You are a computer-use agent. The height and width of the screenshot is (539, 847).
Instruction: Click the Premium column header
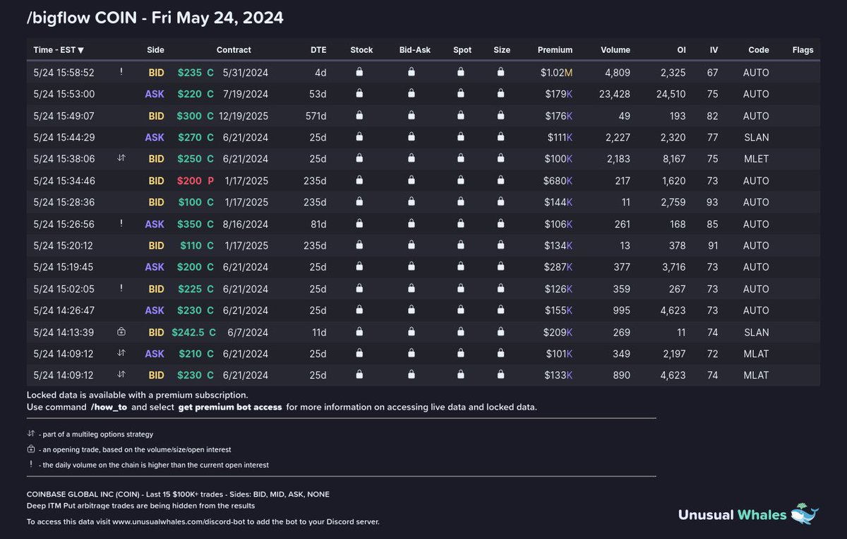pyautogui.click(x=555, y=50)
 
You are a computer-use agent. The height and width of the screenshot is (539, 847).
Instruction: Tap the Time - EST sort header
pyautogui.click(x=58, y=50)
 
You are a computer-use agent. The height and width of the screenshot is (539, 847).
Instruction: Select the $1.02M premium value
pyautogui.click(x=556, y=72)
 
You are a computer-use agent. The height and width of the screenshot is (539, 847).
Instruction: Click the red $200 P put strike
pyautogui.click(x=196, y=181)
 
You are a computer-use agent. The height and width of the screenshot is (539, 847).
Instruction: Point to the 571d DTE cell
pyautogui.click(x=316, y=116)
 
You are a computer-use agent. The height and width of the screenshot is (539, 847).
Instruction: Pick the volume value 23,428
pyautogui.click(x=615, y=94)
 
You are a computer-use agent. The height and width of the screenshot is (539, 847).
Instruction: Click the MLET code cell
pyautogui.click(x=756, y=159)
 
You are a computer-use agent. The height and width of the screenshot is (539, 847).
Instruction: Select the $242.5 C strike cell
pyautogui.click(x=193, y=332)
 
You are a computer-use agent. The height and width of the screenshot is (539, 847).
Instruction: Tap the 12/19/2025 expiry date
pyautogui.click(x=244, y=116)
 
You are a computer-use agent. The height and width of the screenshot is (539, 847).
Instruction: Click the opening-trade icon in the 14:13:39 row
pyautogui.click(x=121, y=331)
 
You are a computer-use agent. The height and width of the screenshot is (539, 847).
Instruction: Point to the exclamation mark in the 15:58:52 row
pyautogui.click(x=121, y=71)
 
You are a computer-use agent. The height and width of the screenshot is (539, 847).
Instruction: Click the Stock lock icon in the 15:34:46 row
pyautogui.click(x=359, y=180)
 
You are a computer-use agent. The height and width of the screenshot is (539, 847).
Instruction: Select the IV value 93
pyautogui.click(x=712, y=202)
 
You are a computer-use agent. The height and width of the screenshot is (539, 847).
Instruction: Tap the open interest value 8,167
pyautogui.click(x=674, y=159)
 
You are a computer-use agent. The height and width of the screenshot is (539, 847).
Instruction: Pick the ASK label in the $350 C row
pyautogui.click(x=155, y=224)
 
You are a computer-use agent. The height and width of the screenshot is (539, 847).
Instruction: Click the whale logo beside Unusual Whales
pyautogui.click(x=805, y=514)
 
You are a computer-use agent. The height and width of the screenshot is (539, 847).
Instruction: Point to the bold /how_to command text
pyautogui.click(x=109, y=407)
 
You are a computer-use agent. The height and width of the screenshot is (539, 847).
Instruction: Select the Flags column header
pyautogui.click(x=803, y=50)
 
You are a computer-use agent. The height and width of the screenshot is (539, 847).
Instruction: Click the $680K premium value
pyautogui.click(x=558, y=181)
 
